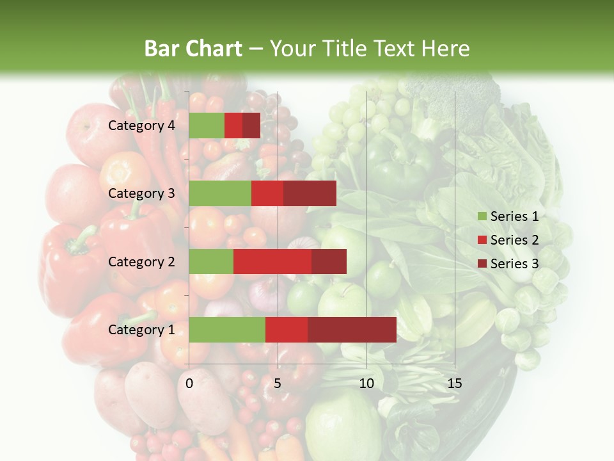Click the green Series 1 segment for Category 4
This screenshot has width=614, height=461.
click(x=206, y=125)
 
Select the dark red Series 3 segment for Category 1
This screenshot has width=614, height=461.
click(x=352, y=330)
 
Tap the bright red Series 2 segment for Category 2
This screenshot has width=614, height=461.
click(x=272, y=262)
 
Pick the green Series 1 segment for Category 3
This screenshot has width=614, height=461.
click(x=220, y=193)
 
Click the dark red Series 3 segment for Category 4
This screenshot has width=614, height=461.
click(x=251, y=125)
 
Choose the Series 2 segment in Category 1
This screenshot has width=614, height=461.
click(x=287, y=330)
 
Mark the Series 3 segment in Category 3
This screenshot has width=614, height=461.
click(x=310, y=193)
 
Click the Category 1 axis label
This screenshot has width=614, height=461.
click(x=141, y=330)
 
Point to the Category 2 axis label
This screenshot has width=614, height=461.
click(x=141, y=262)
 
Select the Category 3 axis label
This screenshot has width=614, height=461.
click(x=141, y=193)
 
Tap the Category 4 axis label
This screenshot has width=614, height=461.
click(x=141, y=125)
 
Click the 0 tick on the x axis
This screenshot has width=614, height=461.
click(x=189, y=384)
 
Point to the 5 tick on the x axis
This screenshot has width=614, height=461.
click(x=278, y=384)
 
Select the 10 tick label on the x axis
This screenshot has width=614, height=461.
click(x=366, y=384)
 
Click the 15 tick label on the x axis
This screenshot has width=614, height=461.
click(x=454, y=384)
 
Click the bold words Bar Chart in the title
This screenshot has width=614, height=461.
click(x=193, y=49)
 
